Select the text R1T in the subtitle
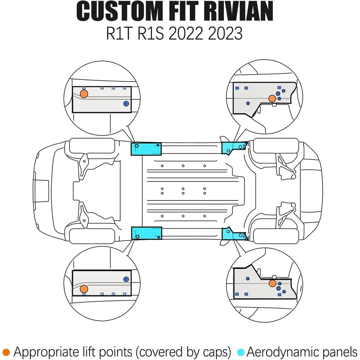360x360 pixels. [x=120, y=33]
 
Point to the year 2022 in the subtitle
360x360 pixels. [x=186, y=33]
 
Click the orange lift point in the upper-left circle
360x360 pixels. [x=84, y=94]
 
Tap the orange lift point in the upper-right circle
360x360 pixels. [x=272, y=99]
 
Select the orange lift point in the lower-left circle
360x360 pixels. [x=84, y=289]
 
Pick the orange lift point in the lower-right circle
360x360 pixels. [x=272, y=283]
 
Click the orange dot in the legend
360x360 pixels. [x=6, y=352]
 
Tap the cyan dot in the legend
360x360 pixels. [x=241, y=352]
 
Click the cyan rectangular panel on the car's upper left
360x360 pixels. [x=146, y=149]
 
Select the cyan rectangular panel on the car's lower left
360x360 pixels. [x=147, y=233]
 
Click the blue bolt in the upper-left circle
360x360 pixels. [x=126, y=104]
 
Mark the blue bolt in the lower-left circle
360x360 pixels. [x=126, y=279]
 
